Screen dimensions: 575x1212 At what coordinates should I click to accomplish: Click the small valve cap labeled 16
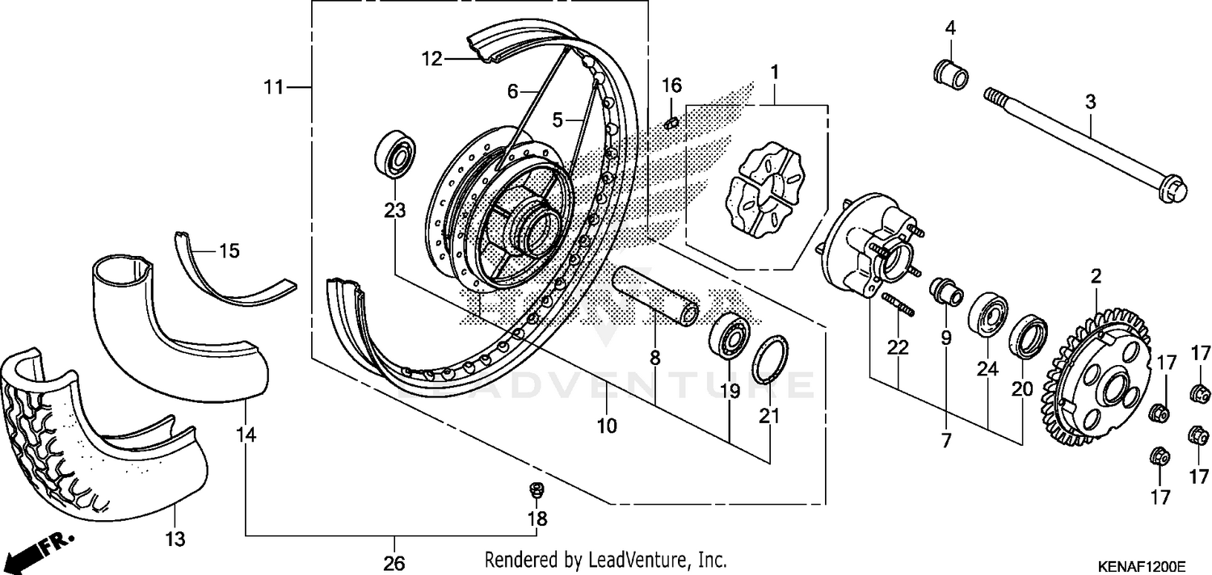click(670, 123)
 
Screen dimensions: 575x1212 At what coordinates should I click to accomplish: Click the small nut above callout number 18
click(535, 489)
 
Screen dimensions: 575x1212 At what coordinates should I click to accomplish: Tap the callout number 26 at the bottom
click(394, 563)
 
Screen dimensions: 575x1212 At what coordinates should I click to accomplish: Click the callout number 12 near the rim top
click(432, 58)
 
